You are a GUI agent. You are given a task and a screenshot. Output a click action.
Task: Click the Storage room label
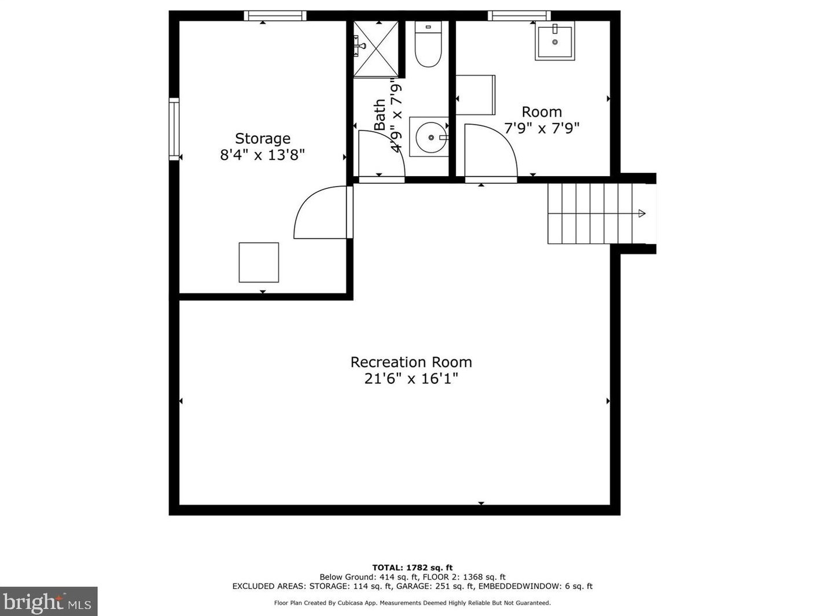click(262, 139)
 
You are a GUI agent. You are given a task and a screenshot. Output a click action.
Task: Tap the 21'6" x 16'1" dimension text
click(411, 379)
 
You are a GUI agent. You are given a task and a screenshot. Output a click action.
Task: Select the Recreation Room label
click(411, 362)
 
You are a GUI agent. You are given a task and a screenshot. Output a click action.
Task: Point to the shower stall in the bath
click(375, 49)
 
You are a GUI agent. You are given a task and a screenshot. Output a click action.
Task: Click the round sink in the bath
click(430, 138)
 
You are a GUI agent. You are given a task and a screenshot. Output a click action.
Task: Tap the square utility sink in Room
click(555, 41)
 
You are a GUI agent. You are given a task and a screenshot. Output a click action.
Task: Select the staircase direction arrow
click(641, 214)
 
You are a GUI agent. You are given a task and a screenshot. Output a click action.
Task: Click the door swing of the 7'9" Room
click(489, 151)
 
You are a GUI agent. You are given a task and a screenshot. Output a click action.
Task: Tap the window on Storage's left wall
click(174, 129)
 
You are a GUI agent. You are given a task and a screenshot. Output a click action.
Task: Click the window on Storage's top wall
click(275, 16)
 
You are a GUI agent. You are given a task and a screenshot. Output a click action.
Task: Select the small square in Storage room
click(259, 262)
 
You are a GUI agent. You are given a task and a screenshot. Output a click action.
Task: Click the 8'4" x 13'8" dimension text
click(262, 155)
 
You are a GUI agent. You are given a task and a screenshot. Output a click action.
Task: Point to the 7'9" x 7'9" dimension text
click(542, 128)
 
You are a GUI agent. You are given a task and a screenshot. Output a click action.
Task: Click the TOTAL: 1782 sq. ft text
click(412, 567)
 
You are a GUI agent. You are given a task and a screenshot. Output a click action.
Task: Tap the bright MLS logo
click(48, 602)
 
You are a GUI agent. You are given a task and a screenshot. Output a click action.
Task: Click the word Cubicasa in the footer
click(351, 603)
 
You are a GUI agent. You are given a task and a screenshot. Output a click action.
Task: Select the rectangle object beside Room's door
click(476, 95)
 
